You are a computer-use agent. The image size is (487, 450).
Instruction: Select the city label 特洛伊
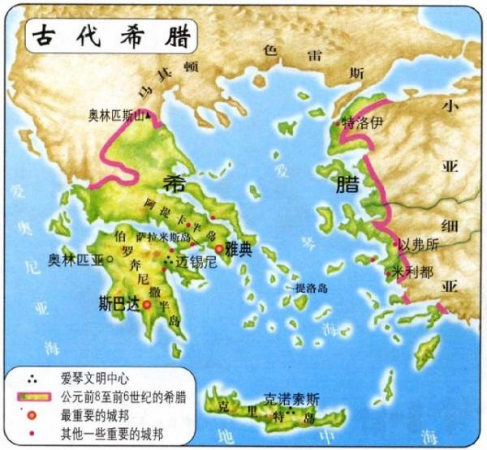click(360, 123)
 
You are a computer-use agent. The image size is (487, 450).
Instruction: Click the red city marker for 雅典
click(218, 250)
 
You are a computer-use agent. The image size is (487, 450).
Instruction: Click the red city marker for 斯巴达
click(147, 305)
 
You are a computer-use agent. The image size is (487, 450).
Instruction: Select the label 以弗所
click(419, 244)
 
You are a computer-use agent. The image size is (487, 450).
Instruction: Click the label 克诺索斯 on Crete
click(291, 398)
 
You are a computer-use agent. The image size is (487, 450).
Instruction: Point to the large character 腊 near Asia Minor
click(343, 183)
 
